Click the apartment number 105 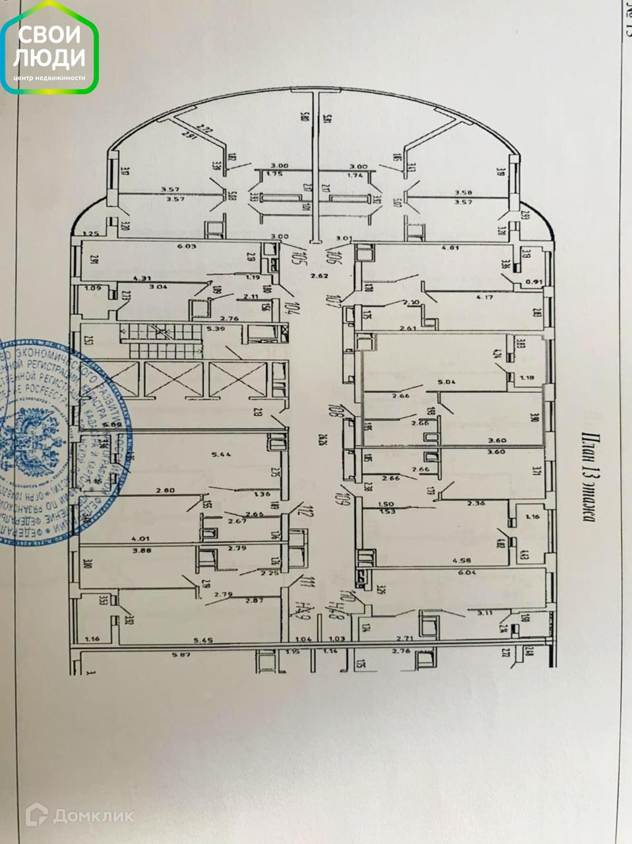(x=289, y=254)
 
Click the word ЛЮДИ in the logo (x=49, y=58)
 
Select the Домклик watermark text (x=93, y=816)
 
